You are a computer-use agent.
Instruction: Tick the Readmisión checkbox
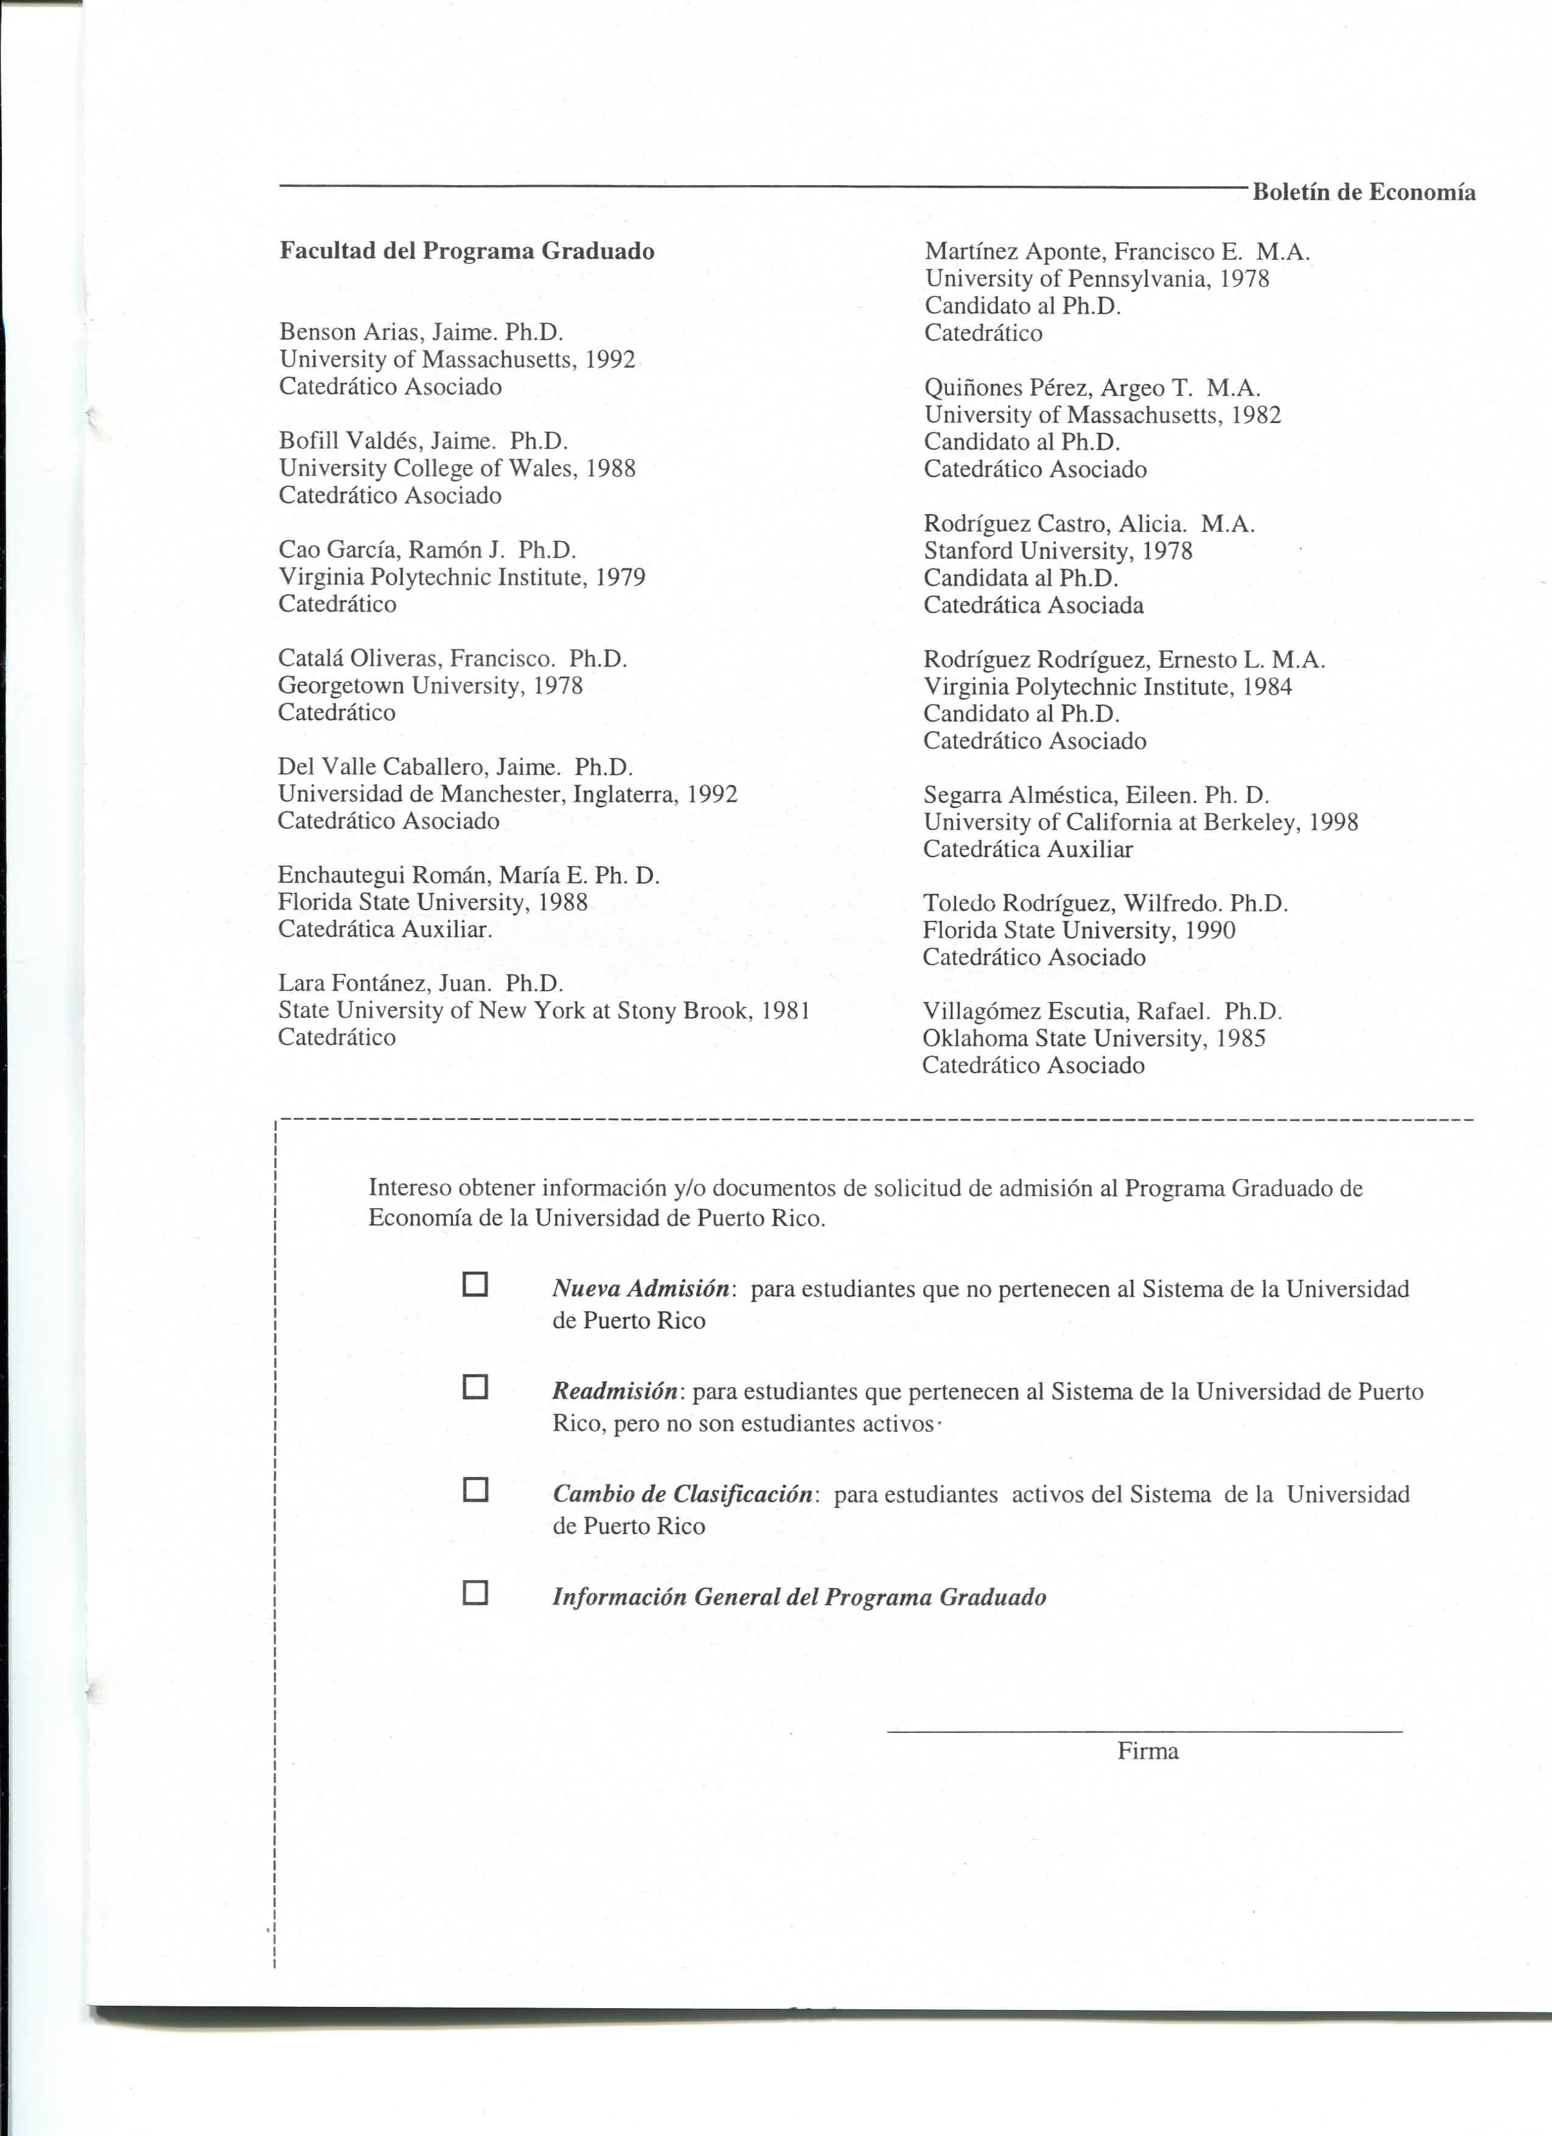[475, 1387]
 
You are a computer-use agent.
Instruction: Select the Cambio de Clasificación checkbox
[475, 1490]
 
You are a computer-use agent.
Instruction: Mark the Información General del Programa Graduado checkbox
[475, 1592]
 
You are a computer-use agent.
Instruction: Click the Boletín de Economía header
[1364, 193]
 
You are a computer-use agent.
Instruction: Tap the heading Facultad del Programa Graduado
[466, 251]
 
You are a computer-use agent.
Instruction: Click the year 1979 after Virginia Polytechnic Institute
[621, 577]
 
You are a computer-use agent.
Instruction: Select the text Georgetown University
[402, 685]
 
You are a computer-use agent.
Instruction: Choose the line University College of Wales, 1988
[456, 468]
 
